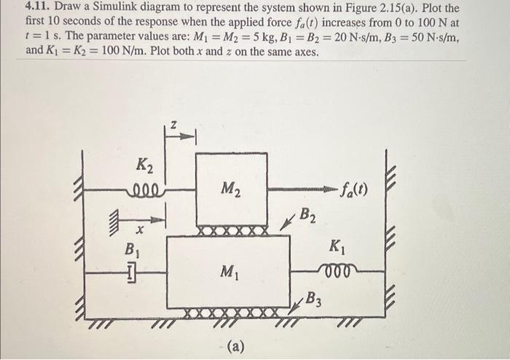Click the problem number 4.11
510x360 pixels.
click(36, 9)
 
